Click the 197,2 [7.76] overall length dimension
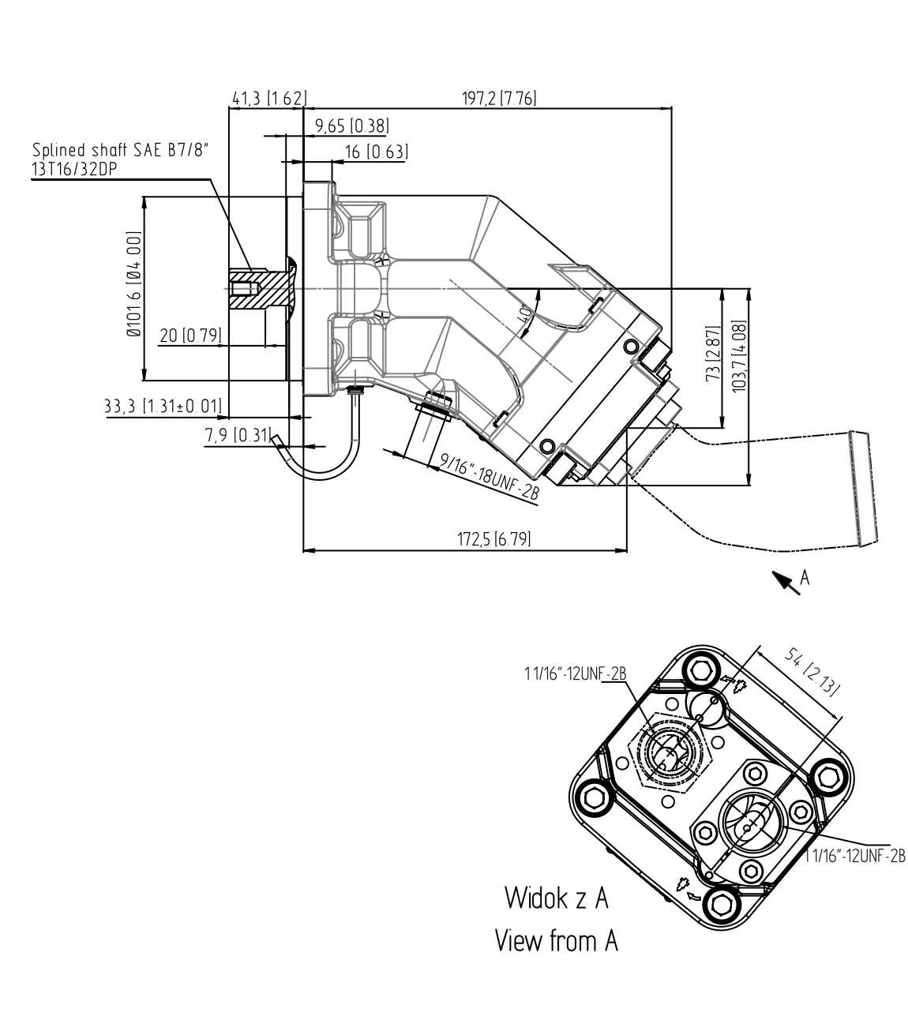point(499,99)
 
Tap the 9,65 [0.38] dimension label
point(351,126)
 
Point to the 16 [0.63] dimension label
point(376,152)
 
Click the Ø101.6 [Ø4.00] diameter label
point(133,286)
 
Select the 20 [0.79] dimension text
point(189,336)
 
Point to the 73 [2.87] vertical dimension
point(712,352)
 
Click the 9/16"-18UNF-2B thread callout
point(490,476)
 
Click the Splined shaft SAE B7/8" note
point(122,157)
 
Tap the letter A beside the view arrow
point(805,577)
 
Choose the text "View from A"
point(556,941)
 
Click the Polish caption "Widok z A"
point(557,898)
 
